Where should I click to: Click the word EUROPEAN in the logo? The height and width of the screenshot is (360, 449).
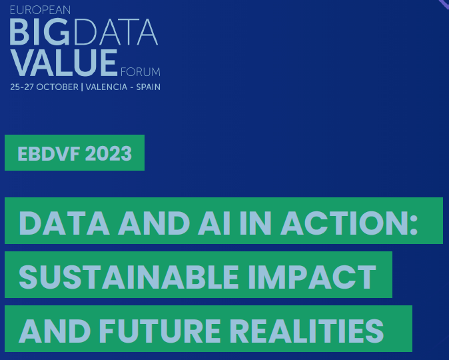coord(40,10)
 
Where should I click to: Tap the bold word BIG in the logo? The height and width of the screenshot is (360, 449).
coord(40,32)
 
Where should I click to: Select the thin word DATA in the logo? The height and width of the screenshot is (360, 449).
coord(115,32)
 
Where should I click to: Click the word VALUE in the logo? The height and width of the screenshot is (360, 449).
coord(64,63)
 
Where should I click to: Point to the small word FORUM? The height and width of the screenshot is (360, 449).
coord(141,72)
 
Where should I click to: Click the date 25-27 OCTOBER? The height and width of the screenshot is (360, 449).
coord(44,87)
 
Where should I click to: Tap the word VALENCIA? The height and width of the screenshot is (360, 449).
coord(107,87)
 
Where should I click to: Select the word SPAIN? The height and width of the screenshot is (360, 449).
coord(148,87)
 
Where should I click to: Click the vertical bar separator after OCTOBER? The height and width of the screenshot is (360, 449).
coord(82,87)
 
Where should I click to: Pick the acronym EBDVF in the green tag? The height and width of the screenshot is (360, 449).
coord(49,153)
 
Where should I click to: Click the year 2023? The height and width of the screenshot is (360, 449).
coord(109,153)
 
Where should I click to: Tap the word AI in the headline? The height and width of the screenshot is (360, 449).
coord(215,223)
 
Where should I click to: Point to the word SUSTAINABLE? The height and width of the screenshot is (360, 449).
coord(129,277)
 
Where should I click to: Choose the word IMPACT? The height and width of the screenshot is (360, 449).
coord(312,277)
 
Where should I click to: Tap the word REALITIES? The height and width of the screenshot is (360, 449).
coord(306,331)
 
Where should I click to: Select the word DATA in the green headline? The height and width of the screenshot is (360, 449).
coord(64,223)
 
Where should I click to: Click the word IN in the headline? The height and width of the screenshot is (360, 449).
coord(255,223)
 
